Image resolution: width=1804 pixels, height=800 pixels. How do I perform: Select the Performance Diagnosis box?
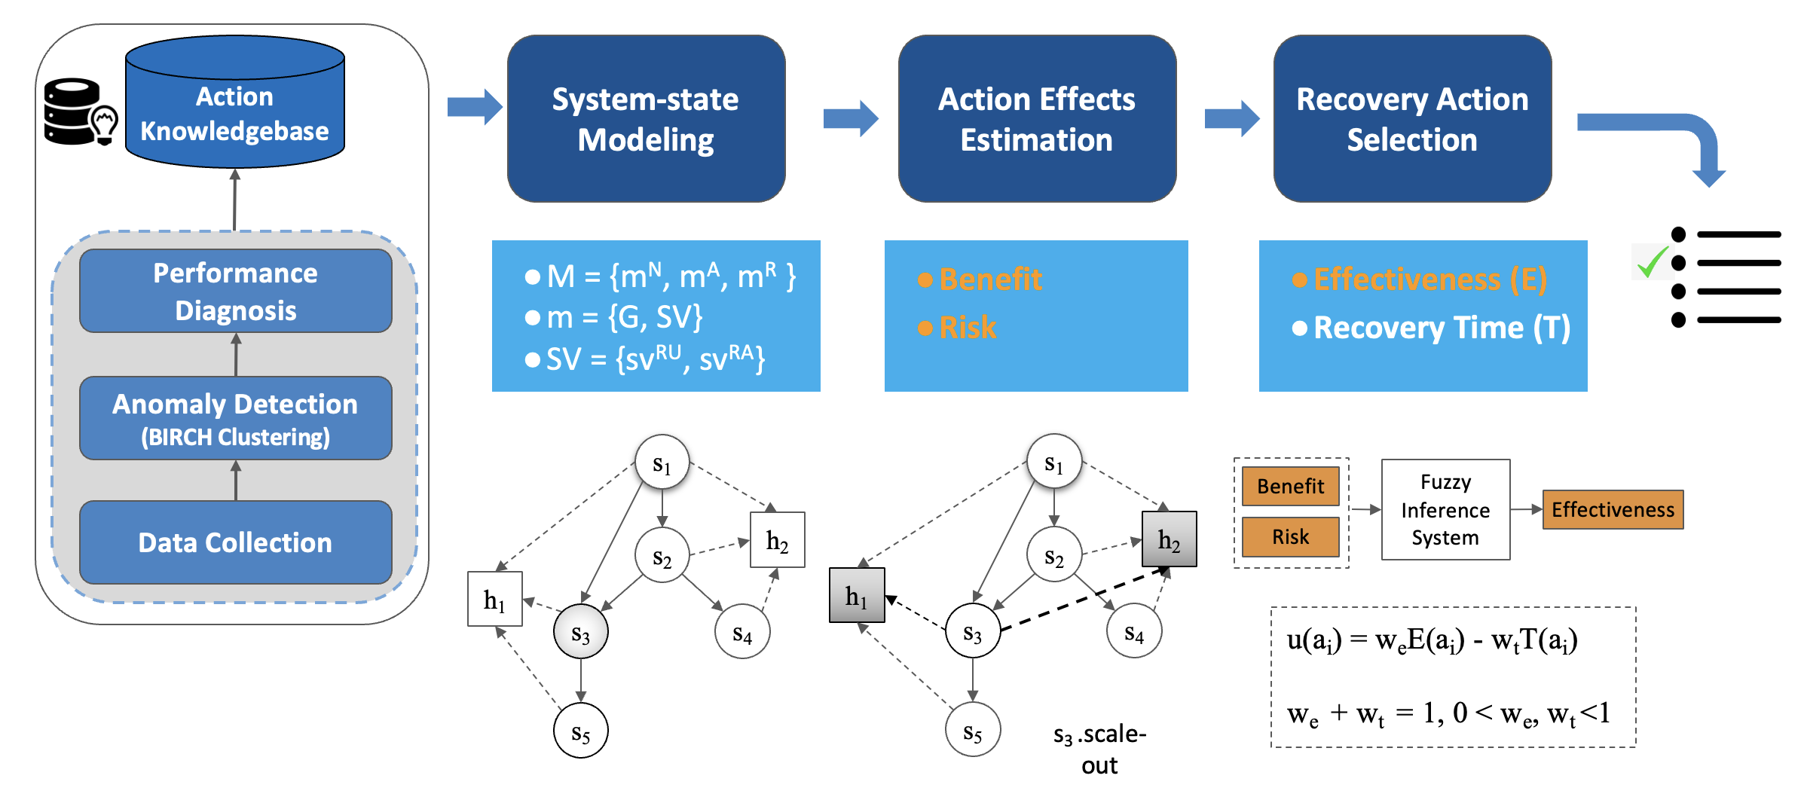[x=235, y=292]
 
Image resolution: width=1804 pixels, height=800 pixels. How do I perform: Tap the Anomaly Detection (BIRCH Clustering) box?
[x=235, y=419]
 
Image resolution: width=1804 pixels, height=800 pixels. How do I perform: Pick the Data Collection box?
[x=235, y=542]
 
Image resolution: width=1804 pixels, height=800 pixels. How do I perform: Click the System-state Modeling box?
[x=646, y=119]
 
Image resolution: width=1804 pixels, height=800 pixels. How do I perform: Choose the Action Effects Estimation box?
[x=1036, y=119]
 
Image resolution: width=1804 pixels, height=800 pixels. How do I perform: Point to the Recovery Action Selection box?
[x=1411, y=119]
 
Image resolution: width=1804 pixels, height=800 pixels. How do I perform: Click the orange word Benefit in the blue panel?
[x=990, y=279]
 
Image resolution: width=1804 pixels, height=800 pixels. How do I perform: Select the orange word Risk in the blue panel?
[x=968, y=328]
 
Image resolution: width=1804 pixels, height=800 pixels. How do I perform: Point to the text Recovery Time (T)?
[x=1441, y=328]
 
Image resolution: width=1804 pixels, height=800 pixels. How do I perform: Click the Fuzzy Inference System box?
[x=1445, y=510]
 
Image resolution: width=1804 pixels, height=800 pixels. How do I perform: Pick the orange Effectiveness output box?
[x=1612, y=510]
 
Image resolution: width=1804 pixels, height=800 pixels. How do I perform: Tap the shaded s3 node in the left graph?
[x=580, y=632]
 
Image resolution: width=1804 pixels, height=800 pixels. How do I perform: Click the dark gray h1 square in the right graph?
[x=856, y=596]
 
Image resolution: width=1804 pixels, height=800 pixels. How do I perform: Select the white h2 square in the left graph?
[x=777, y=540]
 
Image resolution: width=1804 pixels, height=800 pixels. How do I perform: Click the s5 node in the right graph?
[x=972, y=730]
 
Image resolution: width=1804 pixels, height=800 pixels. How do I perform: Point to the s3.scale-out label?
[x=1099, y=749]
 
